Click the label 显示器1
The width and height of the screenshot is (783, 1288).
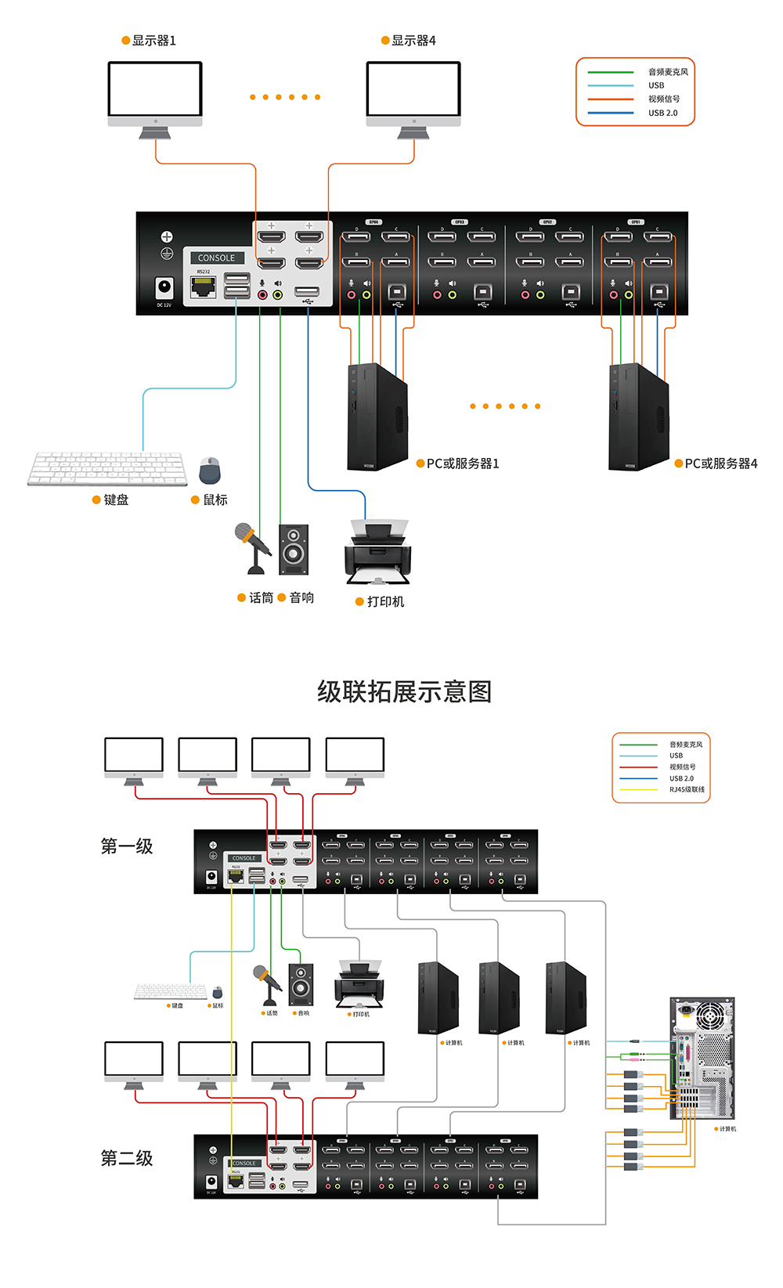click(153, 41)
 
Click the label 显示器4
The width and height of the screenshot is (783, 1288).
click(413, 41)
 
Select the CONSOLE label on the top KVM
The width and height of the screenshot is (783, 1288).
click(216, 258)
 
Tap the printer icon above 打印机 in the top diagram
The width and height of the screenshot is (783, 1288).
click(377, 552)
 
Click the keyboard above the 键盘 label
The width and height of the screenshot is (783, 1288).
click(107, 468)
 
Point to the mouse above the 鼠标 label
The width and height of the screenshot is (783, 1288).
click(210, 471)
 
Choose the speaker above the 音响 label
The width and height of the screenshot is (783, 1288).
click(294, 549)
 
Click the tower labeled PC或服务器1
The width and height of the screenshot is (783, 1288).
click(377, 417)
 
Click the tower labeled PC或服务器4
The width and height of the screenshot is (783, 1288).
click(638, 417)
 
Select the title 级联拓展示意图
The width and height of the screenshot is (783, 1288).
click(404, 692)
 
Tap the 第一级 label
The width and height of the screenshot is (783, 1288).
click(127, 846)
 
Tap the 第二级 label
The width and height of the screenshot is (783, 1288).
click(127, 1158)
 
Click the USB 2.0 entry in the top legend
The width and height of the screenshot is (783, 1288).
click(662, 113)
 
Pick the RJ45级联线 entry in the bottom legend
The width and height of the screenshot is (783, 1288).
click(687, 789)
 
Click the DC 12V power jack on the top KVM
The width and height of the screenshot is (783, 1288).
click(164, 287)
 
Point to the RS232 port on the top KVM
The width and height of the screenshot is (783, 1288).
click(204, 287)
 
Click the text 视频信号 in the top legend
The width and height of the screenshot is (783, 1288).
click(664, 99)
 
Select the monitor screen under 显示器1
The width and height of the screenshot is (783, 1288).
click(155, 89)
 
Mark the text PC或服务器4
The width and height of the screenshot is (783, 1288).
click(721, 464)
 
